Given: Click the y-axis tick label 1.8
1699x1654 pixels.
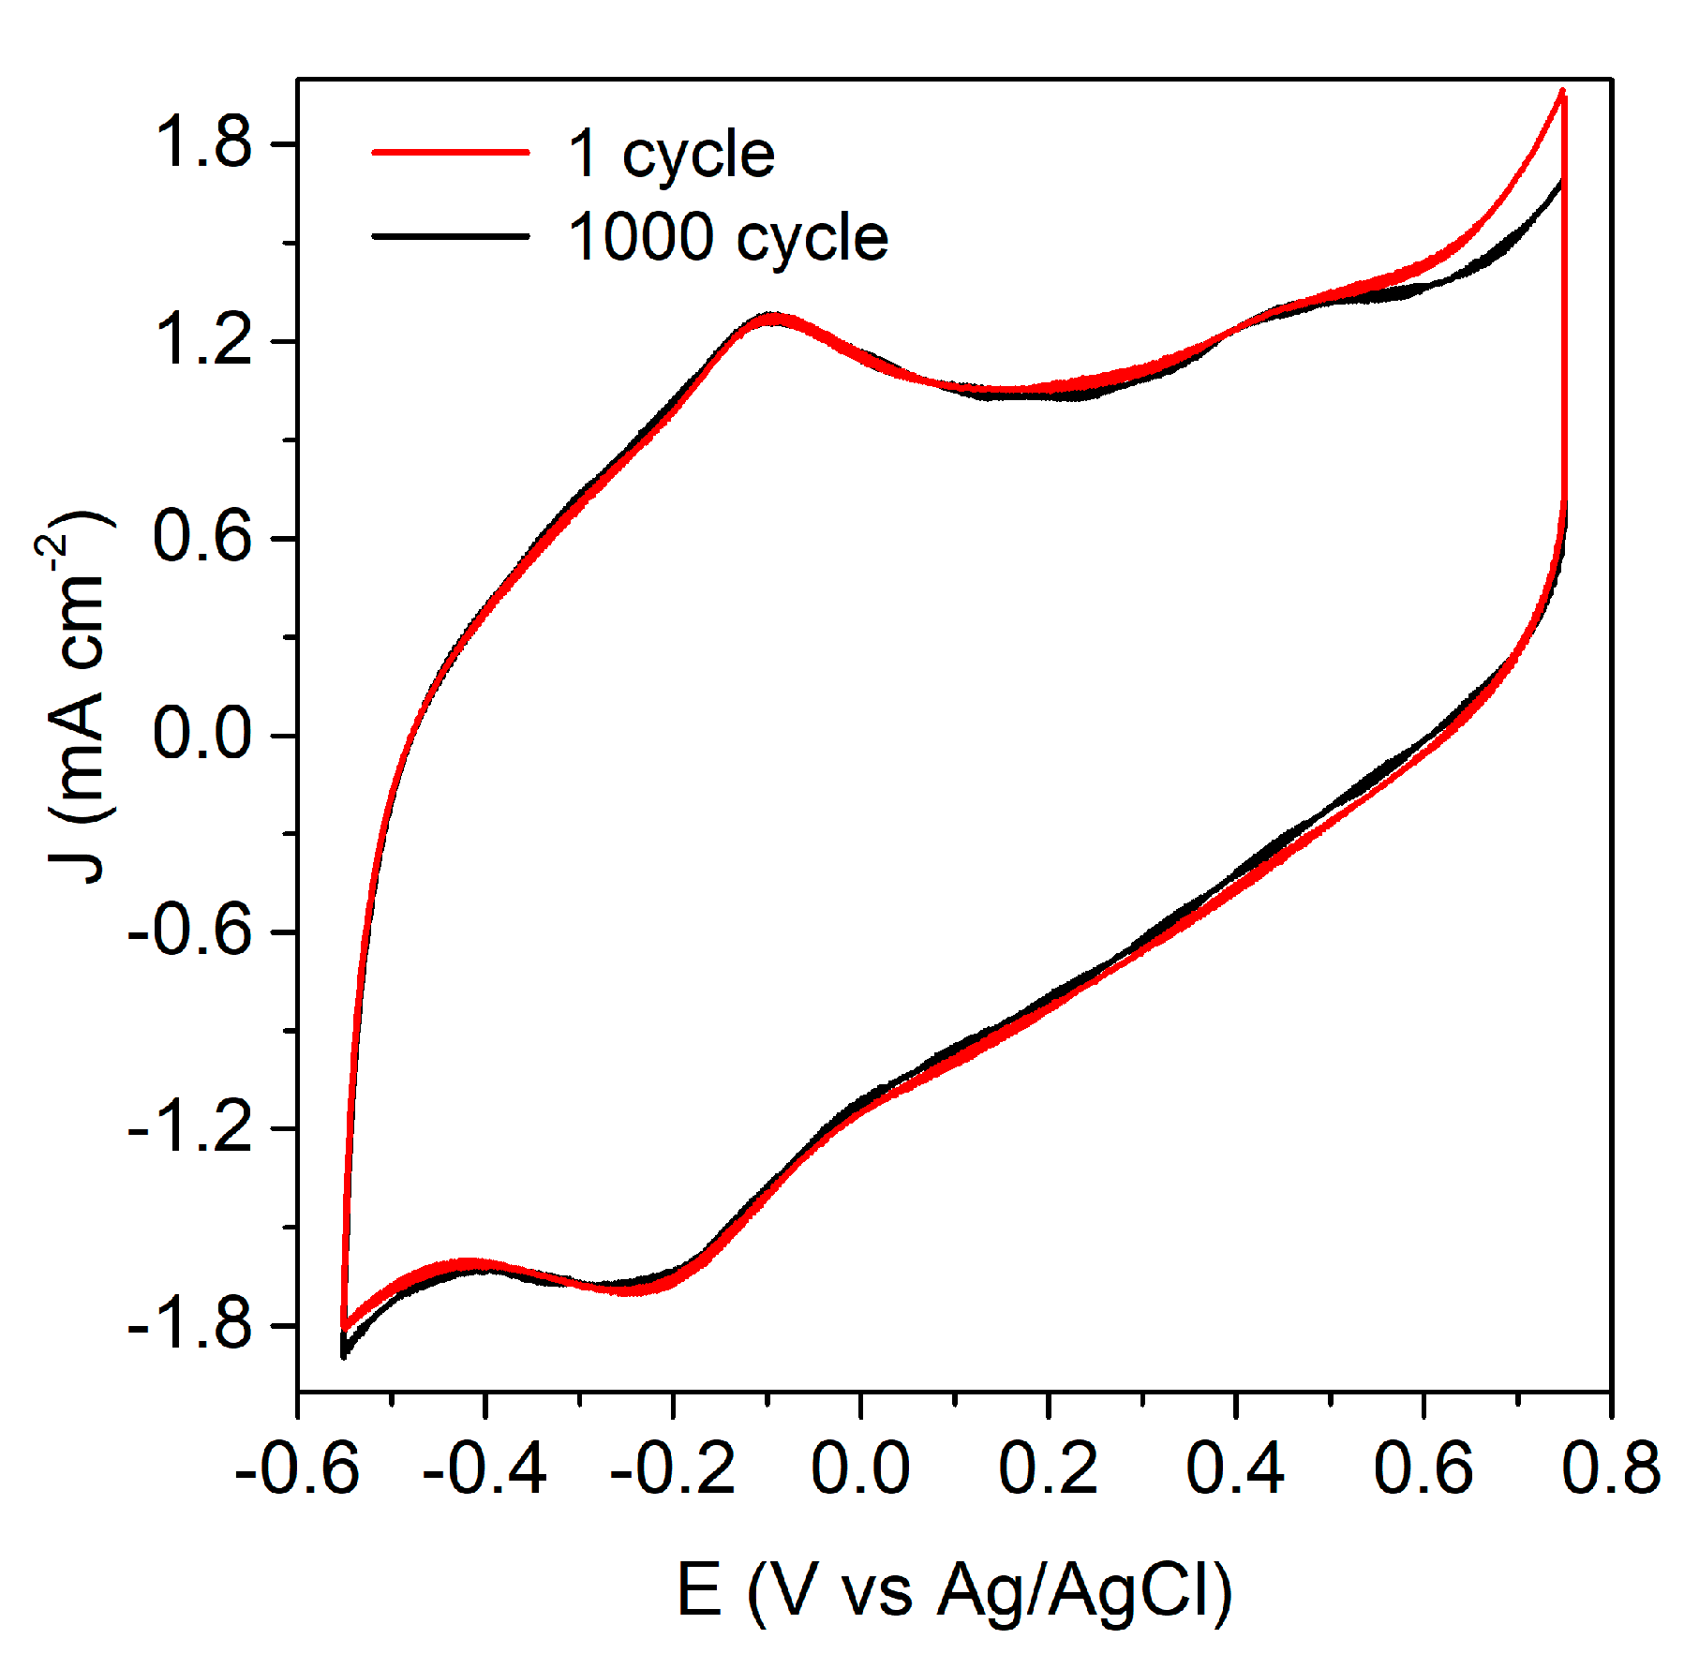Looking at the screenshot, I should pos(202,143).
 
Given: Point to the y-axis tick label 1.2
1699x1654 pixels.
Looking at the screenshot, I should pos(202,340).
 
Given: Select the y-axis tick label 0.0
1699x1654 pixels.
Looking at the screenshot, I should pos(202,734).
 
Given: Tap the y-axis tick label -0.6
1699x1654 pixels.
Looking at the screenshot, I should pos(190,931).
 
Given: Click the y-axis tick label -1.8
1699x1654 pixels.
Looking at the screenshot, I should pos(190,1324).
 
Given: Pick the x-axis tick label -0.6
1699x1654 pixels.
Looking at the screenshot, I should pos(297,1468).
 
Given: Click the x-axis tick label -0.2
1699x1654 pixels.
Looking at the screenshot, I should pos(672,1468).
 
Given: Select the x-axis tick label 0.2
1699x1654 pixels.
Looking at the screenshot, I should pos(1048,1468).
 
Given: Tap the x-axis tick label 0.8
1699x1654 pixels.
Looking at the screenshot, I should pos(1611,1468).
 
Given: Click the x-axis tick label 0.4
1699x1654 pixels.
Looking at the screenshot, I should pos(1235,1468).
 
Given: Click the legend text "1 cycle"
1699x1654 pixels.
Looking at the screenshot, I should pos(671,155).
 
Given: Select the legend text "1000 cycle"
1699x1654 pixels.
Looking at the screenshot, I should pos(727,238).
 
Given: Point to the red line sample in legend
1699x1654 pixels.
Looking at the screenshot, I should pos(451,151).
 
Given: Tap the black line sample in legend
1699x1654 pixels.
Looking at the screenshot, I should pos(451,235).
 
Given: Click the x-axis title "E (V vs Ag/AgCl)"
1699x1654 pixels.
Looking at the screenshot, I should pos(953,1591).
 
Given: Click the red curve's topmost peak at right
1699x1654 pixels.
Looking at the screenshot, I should pos(1562,92).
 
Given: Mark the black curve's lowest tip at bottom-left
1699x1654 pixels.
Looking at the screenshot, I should pos(344,1355).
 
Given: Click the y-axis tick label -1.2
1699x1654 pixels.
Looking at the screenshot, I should pos(190,1127).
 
